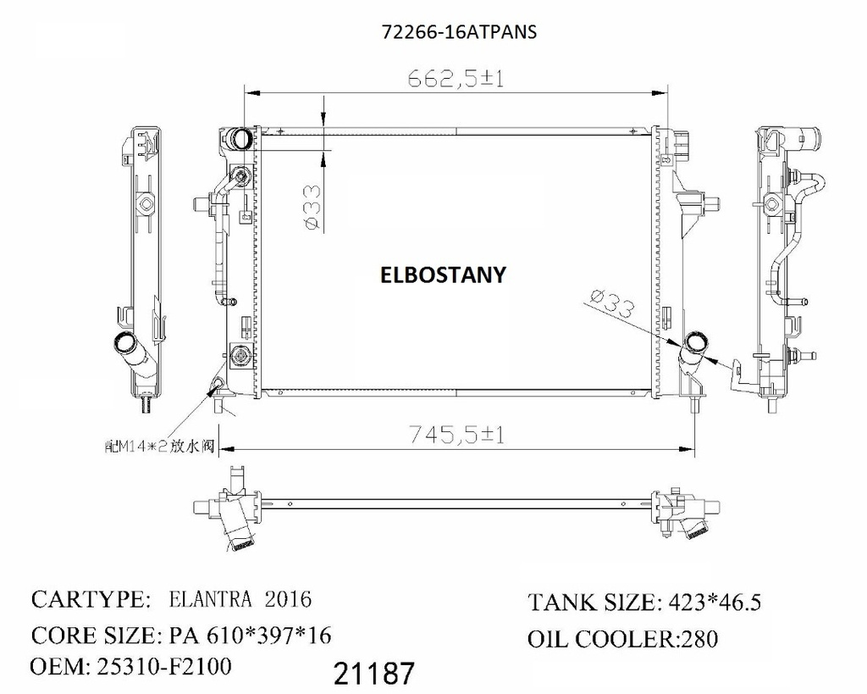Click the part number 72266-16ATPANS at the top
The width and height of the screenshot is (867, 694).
(x=459, y=32)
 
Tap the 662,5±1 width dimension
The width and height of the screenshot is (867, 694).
(x=456, y=79)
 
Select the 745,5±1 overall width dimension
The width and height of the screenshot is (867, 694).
(x=456, y=435)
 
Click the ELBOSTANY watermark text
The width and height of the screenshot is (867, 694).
(x=443, y=275)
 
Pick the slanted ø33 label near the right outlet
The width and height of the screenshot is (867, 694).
(x=612, y=303)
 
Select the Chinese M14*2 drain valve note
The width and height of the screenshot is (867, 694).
(x=159, y=446)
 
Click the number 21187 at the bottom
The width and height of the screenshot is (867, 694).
(x=374, y=674)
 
